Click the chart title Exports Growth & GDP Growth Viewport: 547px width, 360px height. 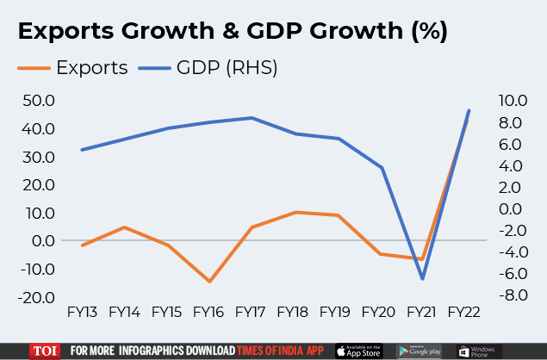[x=233, y=33]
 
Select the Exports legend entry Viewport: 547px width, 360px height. [x=72, y=67]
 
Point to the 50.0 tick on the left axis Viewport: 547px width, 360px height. [x=38, y=101]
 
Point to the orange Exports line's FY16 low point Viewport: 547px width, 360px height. [x=208, y=282]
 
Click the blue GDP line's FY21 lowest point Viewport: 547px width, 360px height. [x=423, y=279]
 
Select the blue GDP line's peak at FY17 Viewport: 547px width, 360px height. [x=252, y=118]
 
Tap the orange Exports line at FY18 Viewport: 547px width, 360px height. [x=295, y=212]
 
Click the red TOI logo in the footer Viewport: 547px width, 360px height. [x=43, y=351]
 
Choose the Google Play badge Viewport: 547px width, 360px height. [x=420, y=351]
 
